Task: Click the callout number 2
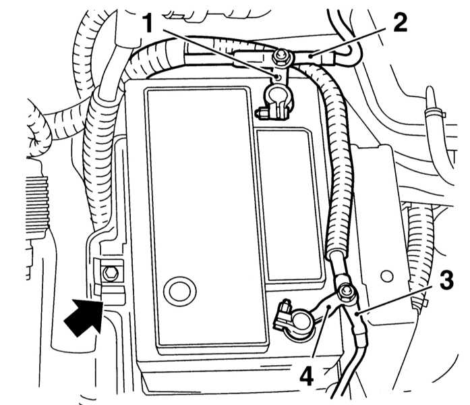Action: [x=400, y=23]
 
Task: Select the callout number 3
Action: [x=446, y=280]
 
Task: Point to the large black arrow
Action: [x=84, y=317]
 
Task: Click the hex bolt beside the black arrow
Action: [x=111, y=273]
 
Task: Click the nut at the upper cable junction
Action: [x=281, y=56]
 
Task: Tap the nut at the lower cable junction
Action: [x=347, y=292]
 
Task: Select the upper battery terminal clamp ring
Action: [x=278, y=95]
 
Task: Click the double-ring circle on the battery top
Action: [x=179, y=291]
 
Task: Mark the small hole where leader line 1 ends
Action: [x=278, y=78]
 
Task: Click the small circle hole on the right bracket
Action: [x=386, y=276]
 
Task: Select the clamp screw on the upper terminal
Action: [x=263, y=113]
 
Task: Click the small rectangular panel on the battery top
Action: [x=291, y=205]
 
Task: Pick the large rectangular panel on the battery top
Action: [x=206, y=217]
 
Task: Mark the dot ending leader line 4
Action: [x=330, y=306]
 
